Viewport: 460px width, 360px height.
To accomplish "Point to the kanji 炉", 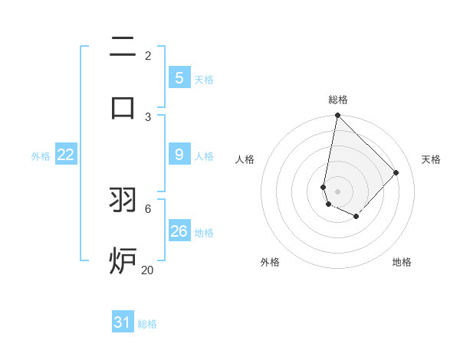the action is [123, 260].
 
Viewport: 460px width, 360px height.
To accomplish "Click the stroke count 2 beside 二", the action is [148, 55].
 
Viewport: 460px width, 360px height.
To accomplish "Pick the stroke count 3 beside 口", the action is [148, 116].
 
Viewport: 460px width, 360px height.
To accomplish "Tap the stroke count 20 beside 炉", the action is [148, 270].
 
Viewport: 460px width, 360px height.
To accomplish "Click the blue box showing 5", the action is [179, 78].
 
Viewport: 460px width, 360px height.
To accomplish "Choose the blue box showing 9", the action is [179, 155].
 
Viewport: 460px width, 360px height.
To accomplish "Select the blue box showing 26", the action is [179, 231].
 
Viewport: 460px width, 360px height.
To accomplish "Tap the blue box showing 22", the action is [65, 155].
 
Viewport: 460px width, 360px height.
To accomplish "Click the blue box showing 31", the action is [123, 322].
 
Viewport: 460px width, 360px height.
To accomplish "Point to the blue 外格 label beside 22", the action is [41, 156].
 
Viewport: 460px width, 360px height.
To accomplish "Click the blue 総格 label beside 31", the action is [147, 324].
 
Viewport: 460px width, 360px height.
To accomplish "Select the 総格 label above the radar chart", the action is [337, 100].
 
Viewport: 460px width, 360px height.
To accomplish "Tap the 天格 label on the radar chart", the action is [432, 159].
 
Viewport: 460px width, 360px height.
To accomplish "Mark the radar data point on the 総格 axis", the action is [337, 116].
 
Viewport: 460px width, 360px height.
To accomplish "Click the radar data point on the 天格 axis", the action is [396, 172].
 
